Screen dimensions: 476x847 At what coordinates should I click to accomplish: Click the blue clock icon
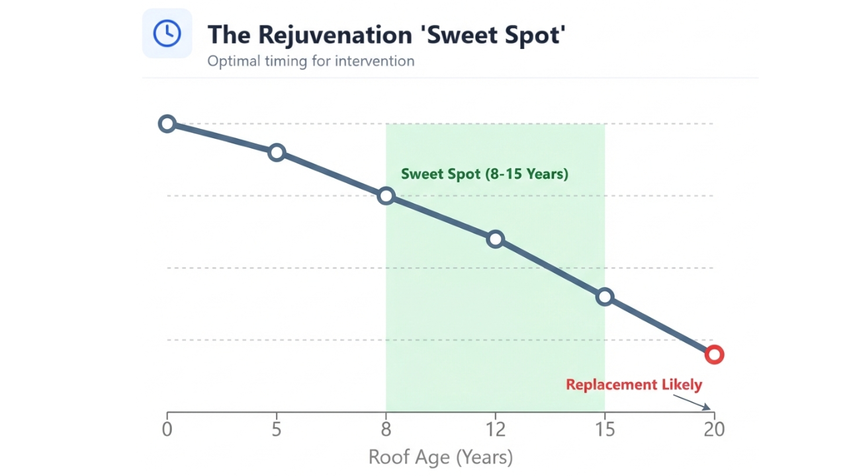pyautogui.click(x=167, y=33)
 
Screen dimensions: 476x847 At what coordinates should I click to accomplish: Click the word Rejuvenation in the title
pyautogui.click(x=335, y=34)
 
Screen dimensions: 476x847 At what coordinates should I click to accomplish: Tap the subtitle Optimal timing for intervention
pyautogui.click(x=311, y=61)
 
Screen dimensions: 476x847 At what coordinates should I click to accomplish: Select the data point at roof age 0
pyautogui.click(x=167, y=124)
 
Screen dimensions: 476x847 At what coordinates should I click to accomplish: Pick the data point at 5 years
pyautogui.click(x=277, y=153)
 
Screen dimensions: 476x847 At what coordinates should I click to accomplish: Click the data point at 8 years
pyautogui.click(x=386, y=196)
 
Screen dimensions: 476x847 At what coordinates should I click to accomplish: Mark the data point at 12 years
pyautogui.click(x=495, y=239)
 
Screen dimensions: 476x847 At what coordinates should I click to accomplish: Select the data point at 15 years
pyautogui.click(x=604, y=297)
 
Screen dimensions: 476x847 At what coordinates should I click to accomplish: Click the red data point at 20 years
pyautogui.click(x=714, y=355)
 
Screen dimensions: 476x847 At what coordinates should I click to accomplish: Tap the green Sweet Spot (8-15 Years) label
pyautogui.click(x=484, y=175)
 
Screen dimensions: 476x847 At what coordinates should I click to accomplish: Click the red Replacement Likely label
pyautogui.click(x=633, y=385)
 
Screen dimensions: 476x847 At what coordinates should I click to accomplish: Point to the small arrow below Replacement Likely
pyautogui.click(x=692, y=401)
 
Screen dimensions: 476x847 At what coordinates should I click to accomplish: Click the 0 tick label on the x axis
pyautogui.click(x=167, y=430)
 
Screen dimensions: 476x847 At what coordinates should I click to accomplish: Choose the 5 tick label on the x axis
pyautogui.click(x=277, y=430)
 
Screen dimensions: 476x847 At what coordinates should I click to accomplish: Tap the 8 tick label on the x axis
pyautogui.click(x=386, y=430)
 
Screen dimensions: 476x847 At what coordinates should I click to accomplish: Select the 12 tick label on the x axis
pyautogui.click(x=495, y=430)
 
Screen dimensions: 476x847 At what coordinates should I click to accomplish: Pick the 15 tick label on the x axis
pyautogui.click(x=604, y=430)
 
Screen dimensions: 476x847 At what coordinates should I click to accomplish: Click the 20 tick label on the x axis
pyautogui.click(x=714, y=430)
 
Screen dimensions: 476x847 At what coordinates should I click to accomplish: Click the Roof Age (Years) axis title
pyautogui.click(x=440, y=457)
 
